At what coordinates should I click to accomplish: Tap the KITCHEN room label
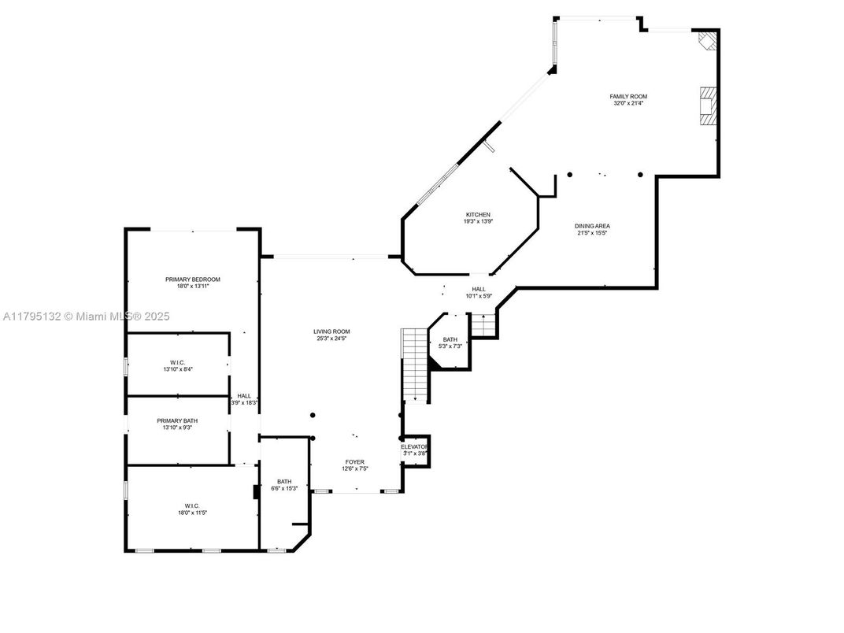[478, 215]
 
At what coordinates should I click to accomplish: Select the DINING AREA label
[592, 226]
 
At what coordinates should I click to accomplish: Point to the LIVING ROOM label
[331, 331]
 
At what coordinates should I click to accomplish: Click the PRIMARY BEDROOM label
[192, 279]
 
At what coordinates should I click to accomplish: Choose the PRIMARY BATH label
[176, 421]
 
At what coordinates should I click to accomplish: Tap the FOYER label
[355, 462]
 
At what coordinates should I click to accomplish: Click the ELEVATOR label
[414, 446]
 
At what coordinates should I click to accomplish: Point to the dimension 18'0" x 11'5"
[192, 513]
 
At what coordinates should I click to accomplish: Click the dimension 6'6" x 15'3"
[283, 488]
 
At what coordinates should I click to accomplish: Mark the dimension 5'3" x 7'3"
[450, 346]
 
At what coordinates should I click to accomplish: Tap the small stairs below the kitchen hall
[483, 323]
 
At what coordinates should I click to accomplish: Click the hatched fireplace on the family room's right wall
[708, 106]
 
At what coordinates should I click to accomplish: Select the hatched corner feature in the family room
[707, 40]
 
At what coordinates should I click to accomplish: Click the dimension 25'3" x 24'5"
[331, 339]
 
